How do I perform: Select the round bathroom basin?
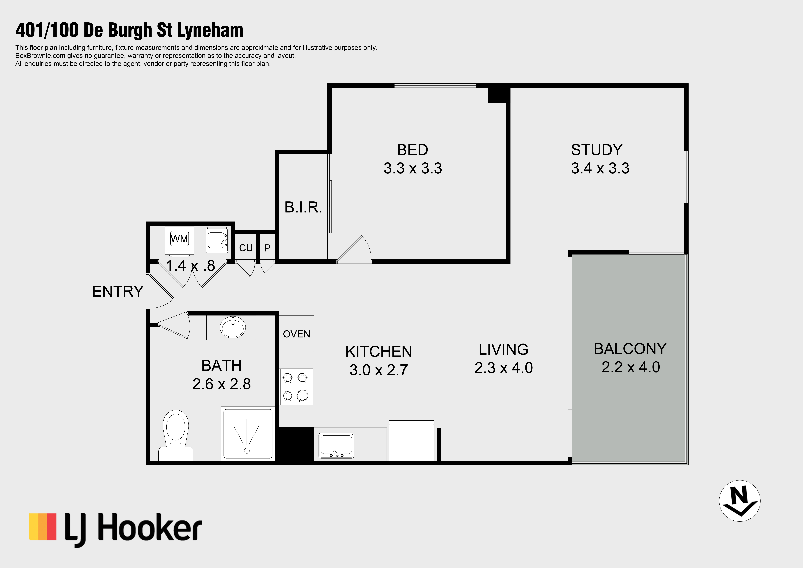pyautogui.click(x=233, y=327)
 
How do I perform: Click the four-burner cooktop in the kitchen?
pyautogui.click(x=296, y=387)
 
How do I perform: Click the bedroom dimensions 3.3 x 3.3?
pyautogui.click(x=413, y=168)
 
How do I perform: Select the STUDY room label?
pyautogui.click(x=597, y=150)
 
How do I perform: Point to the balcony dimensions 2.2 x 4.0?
pyautogui.click(x=631, y=367)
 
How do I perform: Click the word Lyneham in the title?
pyautogui.click(x=210, y=30)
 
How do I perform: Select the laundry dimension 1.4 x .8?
pyautogui.click(x=190, y=266)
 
